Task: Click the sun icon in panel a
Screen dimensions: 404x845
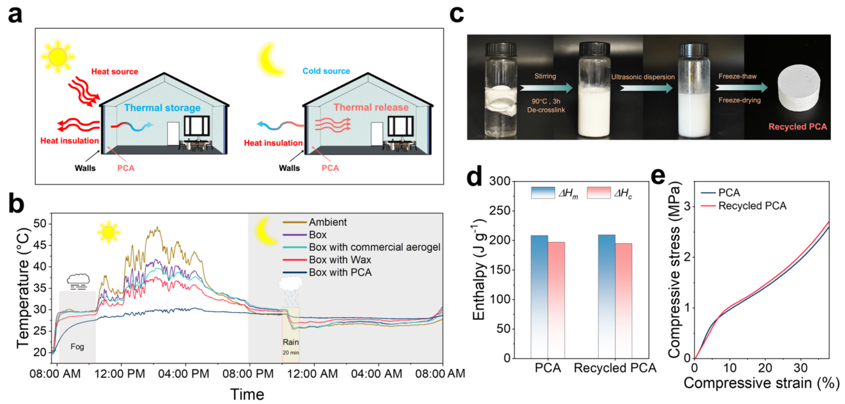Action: [x=57, y=56]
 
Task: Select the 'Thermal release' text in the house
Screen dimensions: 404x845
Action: [x=362, y=108]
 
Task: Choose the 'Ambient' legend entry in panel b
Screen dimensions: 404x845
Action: [x=328, y=223]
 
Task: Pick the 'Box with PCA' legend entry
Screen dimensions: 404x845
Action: [x=336, y=273]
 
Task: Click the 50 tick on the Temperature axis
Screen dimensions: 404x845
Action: [x=40, y=224]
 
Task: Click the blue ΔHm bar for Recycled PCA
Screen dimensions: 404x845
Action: [x=607, y=296]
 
